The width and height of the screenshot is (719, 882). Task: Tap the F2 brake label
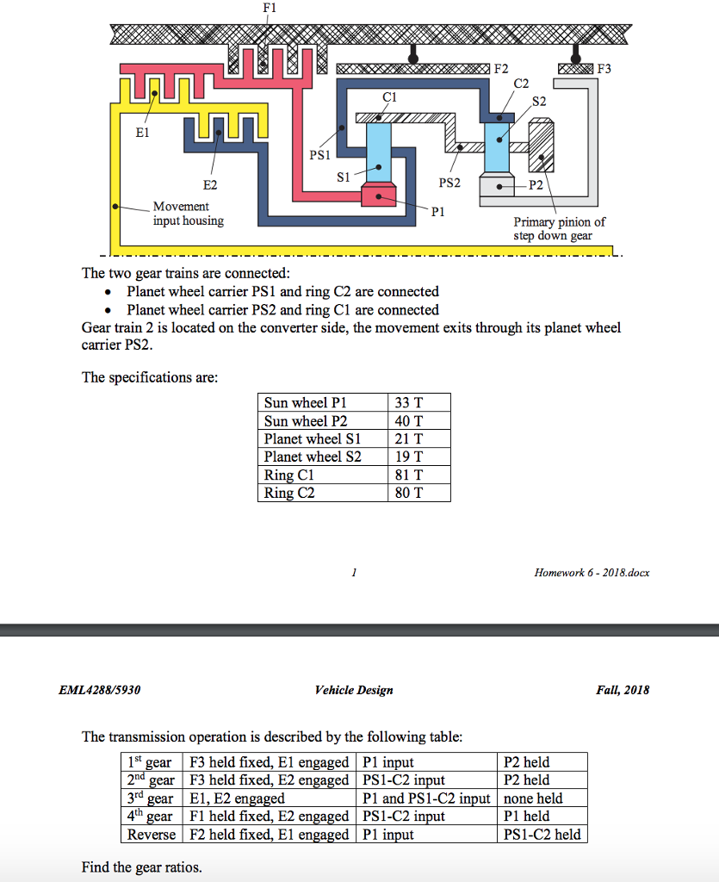[500, 68]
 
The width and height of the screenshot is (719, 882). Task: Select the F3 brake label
[605, 68]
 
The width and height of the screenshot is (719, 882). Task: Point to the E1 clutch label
[142, 134]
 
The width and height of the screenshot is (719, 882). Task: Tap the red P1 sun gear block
[378, 195]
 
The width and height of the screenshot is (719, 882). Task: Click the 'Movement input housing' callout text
[188, 214]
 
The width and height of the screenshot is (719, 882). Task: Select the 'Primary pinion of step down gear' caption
[559, 228]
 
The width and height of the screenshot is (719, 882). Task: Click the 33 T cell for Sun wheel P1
[408, 403]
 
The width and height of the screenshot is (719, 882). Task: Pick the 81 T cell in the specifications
[408, 475]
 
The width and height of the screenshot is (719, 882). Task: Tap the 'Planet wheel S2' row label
[313, 457]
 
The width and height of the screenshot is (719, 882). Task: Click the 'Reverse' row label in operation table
[152, 835]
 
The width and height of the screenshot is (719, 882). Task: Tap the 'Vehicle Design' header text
[354, 690]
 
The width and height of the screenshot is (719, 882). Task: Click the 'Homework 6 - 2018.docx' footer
[592, 573]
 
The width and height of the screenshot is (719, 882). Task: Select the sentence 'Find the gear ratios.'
[142, 867]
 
